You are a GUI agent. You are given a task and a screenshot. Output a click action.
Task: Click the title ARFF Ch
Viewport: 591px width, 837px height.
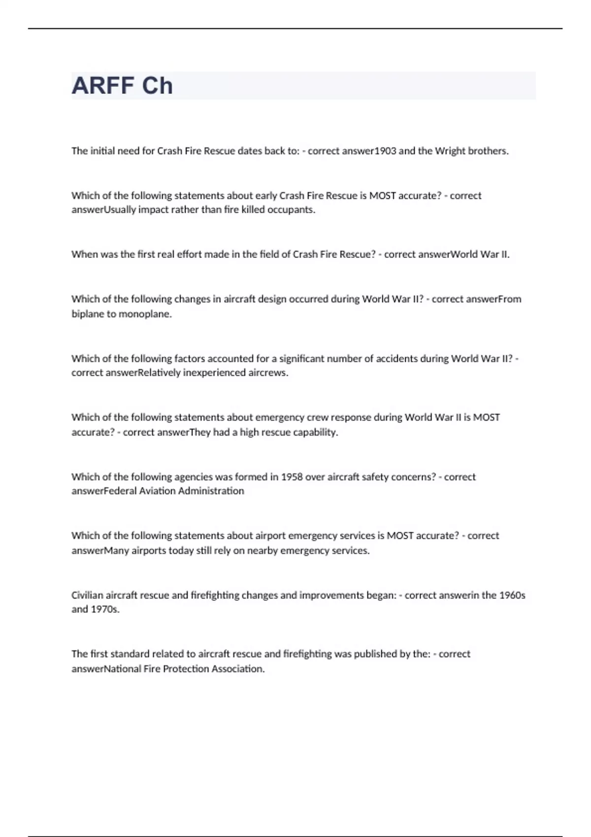tap(122, 86)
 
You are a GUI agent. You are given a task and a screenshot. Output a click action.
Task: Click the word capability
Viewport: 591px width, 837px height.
tap(315, 432)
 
